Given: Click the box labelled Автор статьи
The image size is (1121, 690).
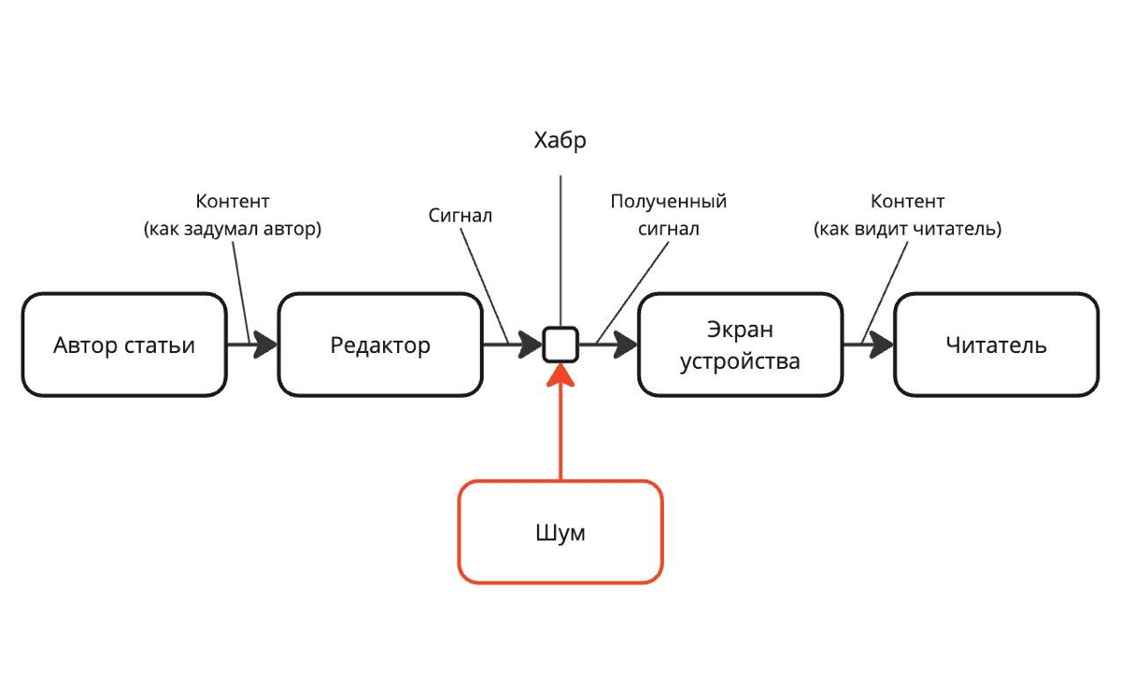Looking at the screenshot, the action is pos(124,345).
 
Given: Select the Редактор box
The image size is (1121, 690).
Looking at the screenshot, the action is pos(380,345).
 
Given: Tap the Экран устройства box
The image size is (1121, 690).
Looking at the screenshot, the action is pos(740,345).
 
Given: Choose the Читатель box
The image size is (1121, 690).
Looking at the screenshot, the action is pos(997,345).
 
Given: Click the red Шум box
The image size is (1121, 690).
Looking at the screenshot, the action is pos(560,532).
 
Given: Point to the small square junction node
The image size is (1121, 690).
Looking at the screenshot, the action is pos(560,345).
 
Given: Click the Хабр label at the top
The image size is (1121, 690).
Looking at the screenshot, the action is pos(560,141).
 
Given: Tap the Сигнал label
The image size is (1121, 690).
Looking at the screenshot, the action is pos(460,216).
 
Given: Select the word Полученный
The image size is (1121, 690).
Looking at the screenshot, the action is pos(669,202).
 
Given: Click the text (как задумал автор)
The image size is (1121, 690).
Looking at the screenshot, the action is pos(233,229).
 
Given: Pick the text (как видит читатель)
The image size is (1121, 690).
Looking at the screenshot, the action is pos(907,229).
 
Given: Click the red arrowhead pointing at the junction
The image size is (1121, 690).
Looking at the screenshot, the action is pos(560,375).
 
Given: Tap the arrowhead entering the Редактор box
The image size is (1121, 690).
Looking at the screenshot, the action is pos(265,345).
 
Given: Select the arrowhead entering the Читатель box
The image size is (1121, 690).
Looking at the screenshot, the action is pos(882,345).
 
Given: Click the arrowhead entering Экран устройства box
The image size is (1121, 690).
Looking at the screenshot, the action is pos(626,345).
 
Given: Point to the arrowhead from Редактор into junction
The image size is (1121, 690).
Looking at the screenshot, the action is pos(531,345).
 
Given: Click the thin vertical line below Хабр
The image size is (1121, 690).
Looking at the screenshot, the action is pos(560,251).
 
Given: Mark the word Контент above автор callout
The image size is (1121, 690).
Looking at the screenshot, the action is pos(233,202).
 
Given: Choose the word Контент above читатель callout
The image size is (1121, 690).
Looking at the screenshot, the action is pos(907,202).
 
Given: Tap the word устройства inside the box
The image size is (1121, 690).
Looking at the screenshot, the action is pos(740,361).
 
